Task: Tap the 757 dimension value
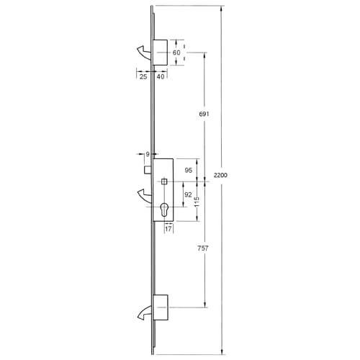pyautogui.click(x=202, y=249)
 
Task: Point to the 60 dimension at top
pyautogui.click(x=176, y=52)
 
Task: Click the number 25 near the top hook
pyautogui.click(x=143, y=76)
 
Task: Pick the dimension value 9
pyautogui.click(x=147, y=154)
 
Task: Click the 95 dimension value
pyautogui.click(x=188, y=170)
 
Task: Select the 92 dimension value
pyautogui.click(x=188, y=195)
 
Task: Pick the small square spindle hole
pyautogui.click(x=165, y=181)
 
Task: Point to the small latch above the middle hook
pyautogui.click(x=146, y=169)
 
